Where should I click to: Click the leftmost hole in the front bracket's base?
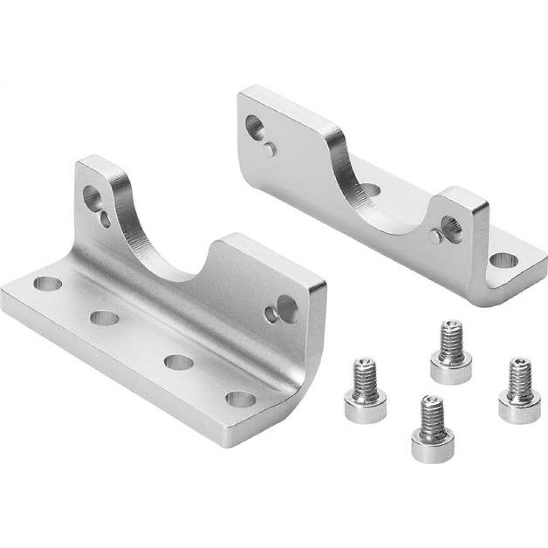tap(48, 284)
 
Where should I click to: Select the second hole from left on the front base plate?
tap(105, 318)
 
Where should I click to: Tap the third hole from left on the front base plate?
tap(179, 362)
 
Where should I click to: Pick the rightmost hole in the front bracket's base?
tap(241, 399)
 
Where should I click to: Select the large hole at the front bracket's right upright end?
tap(288, 308)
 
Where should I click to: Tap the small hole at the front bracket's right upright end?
tap(271, 314)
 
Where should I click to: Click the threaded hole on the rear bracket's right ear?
tap(452, 224)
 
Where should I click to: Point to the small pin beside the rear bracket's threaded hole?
tap(435, 237)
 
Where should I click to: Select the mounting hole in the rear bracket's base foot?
tap(503, 261)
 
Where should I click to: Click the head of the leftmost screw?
tap(364, 408)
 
